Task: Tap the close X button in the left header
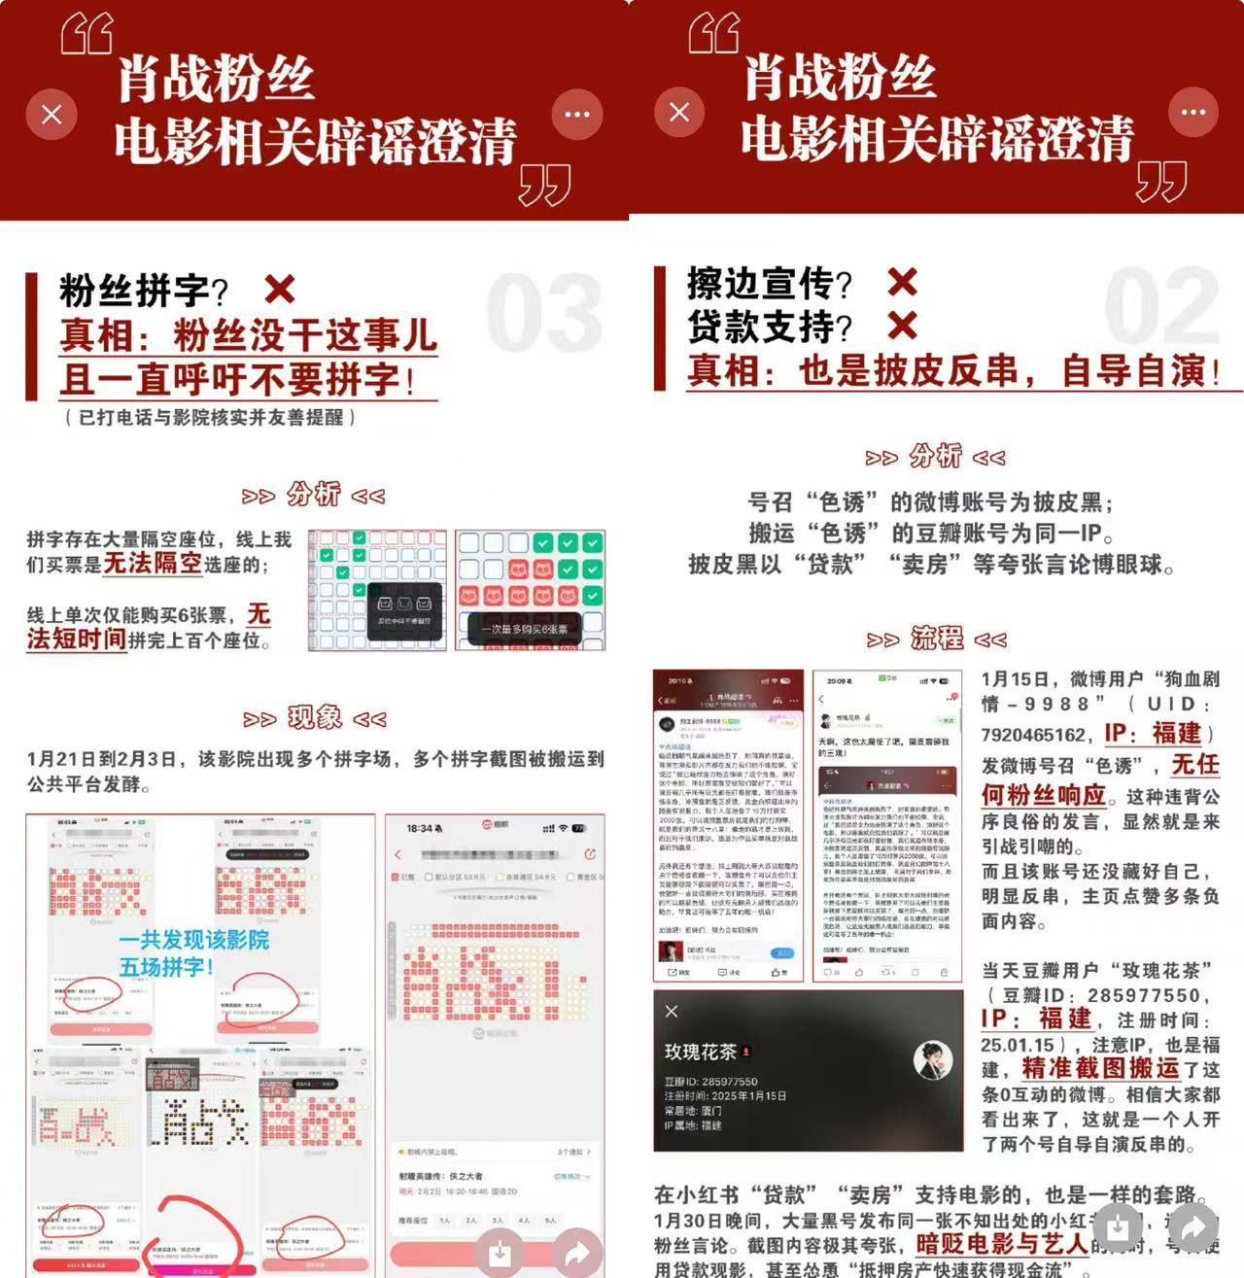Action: [52, 115]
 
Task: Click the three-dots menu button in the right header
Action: [1192, 113]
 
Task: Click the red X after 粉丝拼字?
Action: [280, 289]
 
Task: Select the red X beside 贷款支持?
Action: [902, 326]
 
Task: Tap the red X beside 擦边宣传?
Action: [902, 282]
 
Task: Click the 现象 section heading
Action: [314, 718]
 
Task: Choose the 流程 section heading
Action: [936, 639]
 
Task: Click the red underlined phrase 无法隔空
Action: [153, 563]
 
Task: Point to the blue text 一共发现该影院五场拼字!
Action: [193, 952]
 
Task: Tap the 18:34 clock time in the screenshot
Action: [420, 828]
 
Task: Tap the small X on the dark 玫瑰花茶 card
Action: [671, 1012]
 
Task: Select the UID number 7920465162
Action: [1032, 735]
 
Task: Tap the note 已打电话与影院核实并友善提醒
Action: [210, 417]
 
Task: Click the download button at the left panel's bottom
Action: [500, 1253]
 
